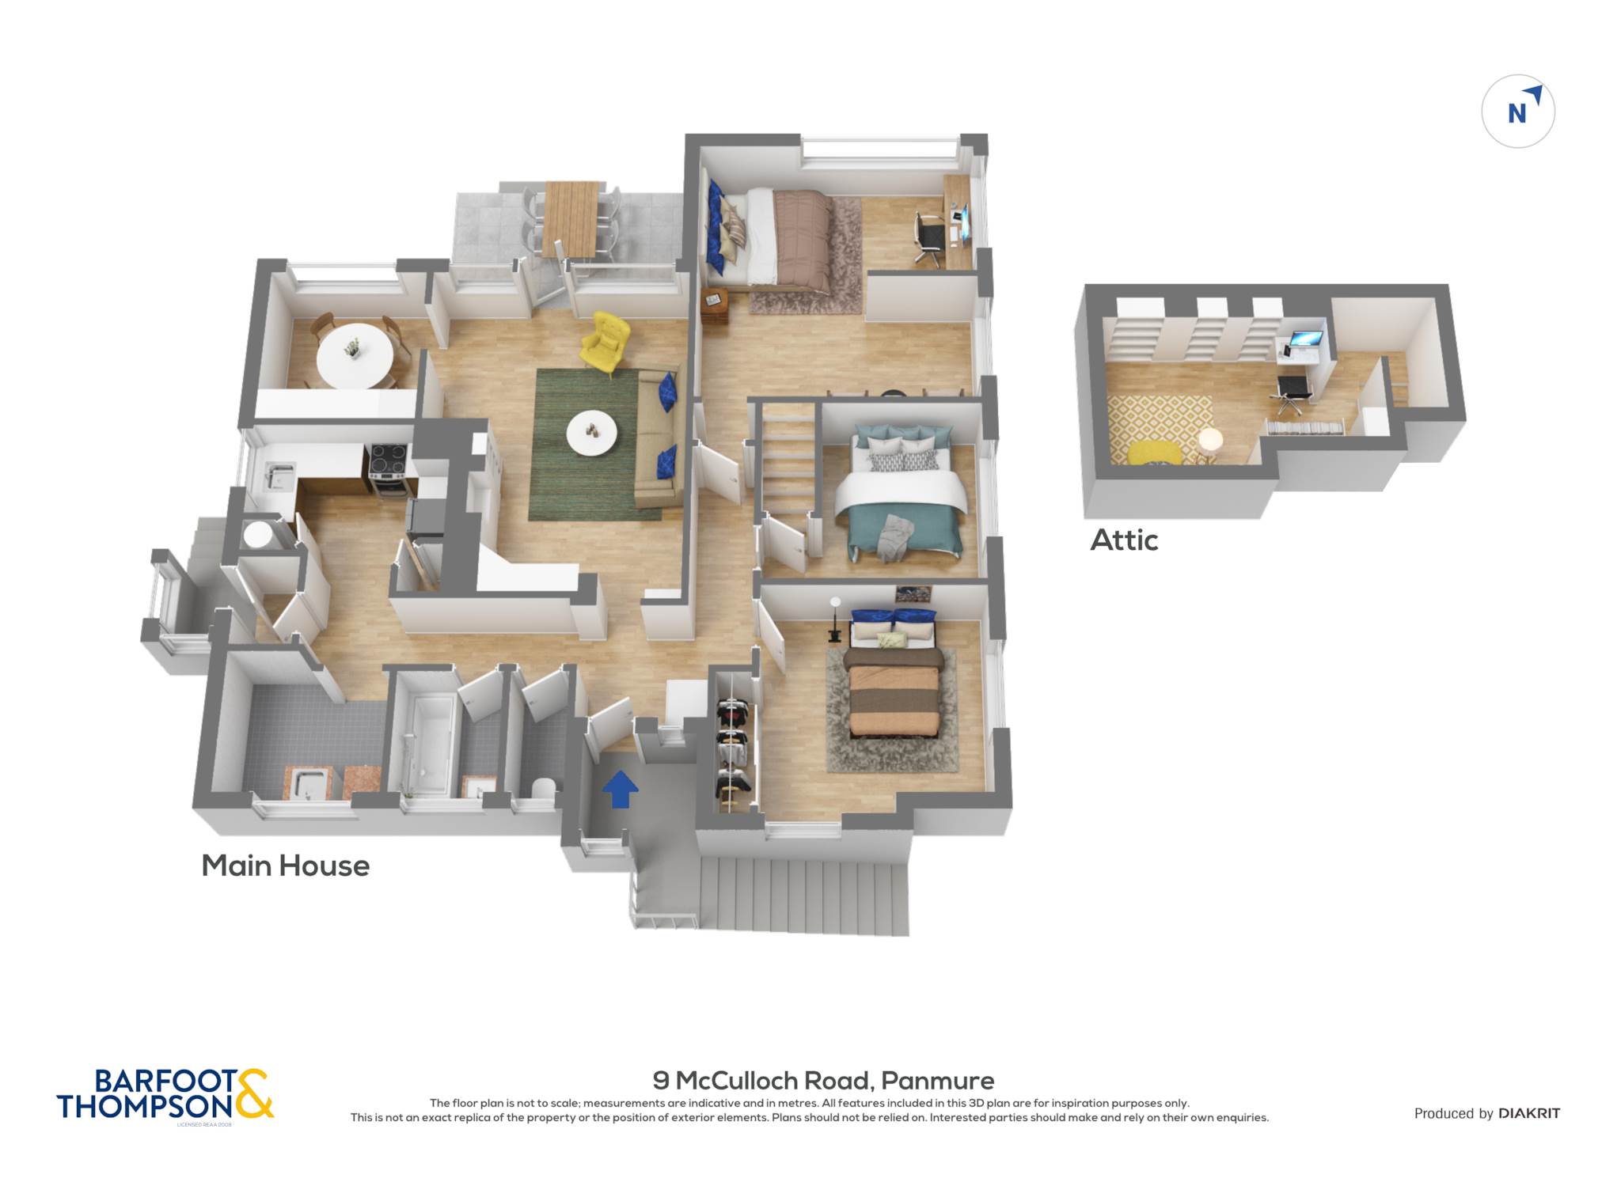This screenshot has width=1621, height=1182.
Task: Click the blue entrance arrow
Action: tap(621, 790)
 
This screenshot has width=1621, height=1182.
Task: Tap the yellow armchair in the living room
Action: tap(606, 343)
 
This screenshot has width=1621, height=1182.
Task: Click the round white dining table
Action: tap(354, 357)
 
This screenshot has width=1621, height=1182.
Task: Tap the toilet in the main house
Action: tap(544, 789)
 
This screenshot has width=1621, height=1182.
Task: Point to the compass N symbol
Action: tap(1517, 113)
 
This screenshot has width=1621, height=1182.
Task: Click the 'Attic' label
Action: tap(1124, 540)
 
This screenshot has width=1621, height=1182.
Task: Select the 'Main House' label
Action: tap(286, 866)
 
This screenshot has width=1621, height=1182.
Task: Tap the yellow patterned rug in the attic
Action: tap(1158, 430)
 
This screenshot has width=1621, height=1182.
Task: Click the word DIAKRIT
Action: tap(1529, 1114)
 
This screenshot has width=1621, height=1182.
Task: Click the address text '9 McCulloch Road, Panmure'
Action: tap(823, 1080)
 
